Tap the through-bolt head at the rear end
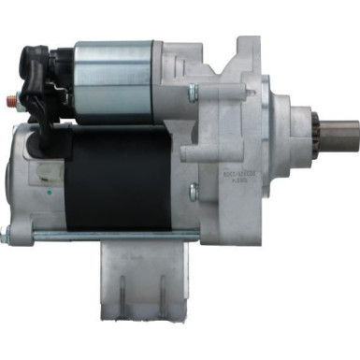pos(7,234)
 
